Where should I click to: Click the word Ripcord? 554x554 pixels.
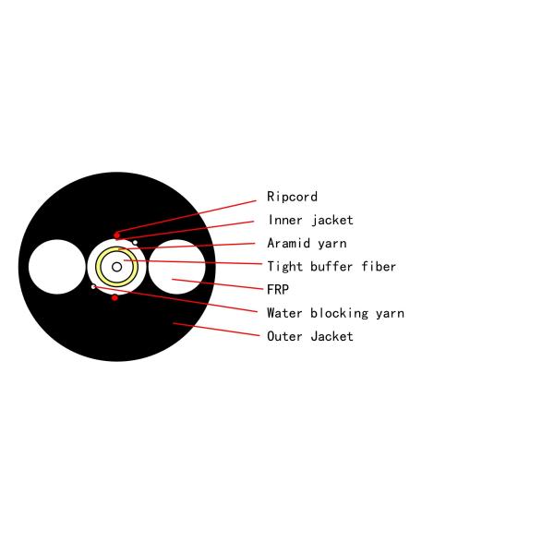pyautogui.click(x=292, y=197)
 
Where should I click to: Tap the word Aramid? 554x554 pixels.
pyautogui.click(x=289, y=243)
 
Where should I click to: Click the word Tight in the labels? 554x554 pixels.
pyautogui.click(x=284, y=267)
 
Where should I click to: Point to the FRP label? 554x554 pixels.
pyautogui.click(x=278, y=290)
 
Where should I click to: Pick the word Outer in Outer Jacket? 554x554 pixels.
pyautogui.click(x=284, y=336)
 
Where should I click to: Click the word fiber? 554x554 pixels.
pyautogui.click(x=379, y=267)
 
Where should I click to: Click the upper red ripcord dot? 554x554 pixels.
pyautogui.click(x=116, y=235)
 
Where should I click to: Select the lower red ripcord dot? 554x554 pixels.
pyautogui.click(x=114, y=297)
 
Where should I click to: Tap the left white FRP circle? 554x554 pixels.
pyautogui.click(x=57, y=267)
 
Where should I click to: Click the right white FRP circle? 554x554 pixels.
pyautogui.click(x=177, y=267)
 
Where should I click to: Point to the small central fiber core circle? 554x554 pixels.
pyautogui.click(x=116, y=267)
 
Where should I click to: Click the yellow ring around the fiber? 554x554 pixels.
pyautogui.click(x=101, y=267)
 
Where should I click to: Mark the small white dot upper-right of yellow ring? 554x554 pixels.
pyautogui.click(x=135, y=243)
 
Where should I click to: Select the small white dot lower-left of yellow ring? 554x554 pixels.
pyautogui.click(x=93, y=287)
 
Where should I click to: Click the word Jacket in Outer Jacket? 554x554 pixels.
pyautogui.click(x=331, y=336)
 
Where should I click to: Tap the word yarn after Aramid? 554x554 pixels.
pyautogui.click(x=331, y=243)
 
